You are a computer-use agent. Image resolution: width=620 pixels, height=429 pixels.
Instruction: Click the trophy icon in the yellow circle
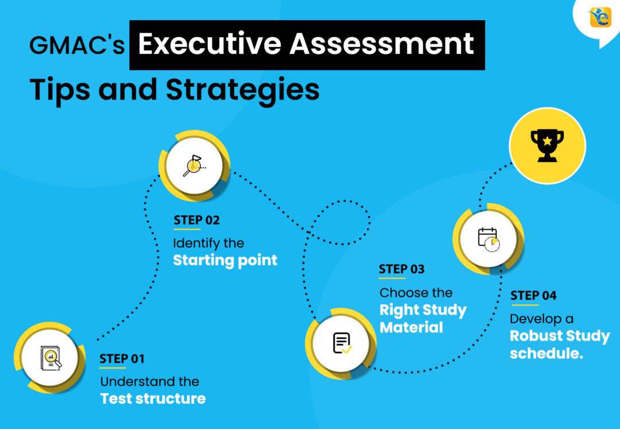pos(547,145)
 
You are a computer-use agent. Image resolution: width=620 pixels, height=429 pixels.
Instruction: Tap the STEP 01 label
pos(122,358)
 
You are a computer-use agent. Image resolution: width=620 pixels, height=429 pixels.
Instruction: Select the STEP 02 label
pos(196,220)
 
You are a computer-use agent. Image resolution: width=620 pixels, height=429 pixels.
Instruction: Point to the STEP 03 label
pos(402,269)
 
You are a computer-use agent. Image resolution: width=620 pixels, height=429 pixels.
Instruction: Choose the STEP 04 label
pos(533,295)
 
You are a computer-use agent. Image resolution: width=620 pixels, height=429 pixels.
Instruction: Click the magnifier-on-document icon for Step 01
pos(51,358)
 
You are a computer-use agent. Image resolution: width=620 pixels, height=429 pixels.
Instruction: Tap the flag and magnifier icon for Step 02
pos(195,165)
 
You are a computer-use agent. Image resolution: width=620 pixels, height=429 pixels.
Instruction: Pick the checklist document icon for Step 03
pos(342,343)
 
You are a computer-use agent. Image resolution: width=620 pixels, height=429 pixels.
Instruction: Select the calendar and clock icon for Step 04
pos(489,239)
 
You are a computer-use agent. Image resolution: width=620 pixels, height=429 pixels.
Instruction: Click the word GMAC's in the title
pos(77,45)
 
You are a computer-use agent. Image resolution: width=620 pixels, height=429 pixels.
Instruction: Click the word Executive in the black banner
pos(210,44)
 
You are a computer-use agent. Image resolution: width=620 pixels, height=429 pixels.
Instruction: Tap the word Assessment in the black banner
pos(382,44)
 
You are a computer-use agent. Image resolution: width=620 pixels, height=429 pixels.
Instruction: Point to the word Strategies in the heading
pos(242,90)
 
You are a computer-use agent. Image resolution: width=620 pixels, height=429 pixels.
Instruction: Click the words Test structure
pos(153,399)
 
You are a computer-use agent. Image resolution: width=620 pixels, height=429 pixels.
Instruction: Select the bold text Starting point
pos(225,261)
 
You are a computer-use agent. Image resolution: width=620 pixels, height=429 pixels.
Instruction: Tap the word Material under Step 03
pos(411,327)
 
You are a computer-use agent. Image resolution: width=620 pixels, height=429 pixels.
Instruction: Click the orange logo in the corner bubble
pos(600,17)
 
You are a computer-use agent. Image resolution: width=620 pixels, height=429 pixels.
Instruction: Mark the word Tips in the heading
pos(60,90)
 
